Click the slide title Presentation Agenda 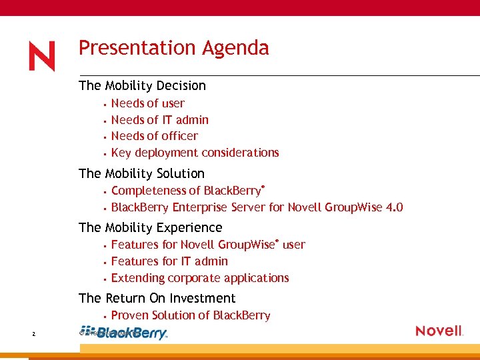173,48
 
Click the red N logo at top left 41,56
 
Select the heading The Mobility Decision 142,85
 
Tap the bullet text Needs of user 147,103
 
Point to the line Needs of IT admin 159,120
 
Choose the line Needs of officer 154,136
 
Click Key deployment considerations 195,153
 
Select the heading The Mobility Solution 141,173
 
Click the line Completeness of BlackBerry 188,191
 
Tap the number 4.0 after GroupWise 394,207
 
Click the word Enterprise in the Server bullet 199,207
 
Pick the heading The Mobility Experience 150,227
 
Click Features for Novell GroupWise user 207,245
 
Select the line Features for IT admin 169,261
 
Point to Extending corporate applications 199,278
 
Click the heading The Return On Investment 157,298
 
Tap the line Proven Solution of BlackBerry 190,315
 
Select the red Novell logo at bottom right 439,331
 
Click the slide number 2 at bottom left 33,333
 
